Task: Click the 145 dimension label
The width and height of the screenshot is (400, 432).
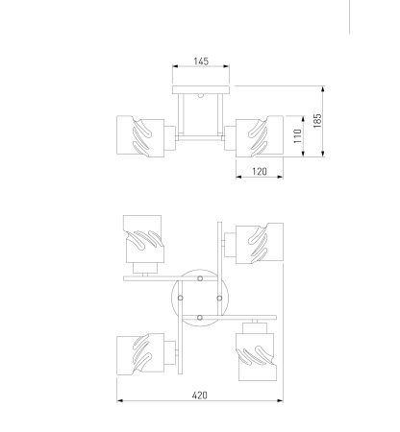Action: pyautogui.click(x=201, y=61)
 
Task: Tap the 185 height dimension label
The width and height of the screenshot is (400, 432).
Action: pyautogui.click(x=317, y=121)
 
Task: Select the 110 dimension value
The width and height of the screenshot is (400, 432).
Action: pyautogui.click(x=298, y=136)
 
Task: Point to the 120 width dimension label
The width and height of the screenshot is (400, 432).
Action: pyautogui.click(x=260, y=172)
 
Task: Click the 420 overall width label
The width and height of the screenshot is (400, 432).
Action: pyautogui.click(x=200, y=396)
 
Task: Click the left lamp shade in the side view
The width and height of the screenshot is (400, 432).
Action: pyautogui.click(x=140, y=136)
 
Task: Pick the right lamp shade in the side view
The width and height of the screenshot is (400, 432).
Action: pyautogui.click(x=260, y=136)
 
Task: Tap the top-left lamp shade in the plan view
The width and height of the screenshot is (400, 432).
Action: pyautogui.click(x=143, y=239)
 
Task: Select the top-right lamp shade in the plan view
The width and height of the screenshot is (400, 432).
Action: pyautogui.click(x=260, y=243)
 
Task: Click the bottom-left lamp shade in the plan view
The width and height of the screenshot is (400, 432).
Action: pyautogui.click(x=140, y=354)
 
